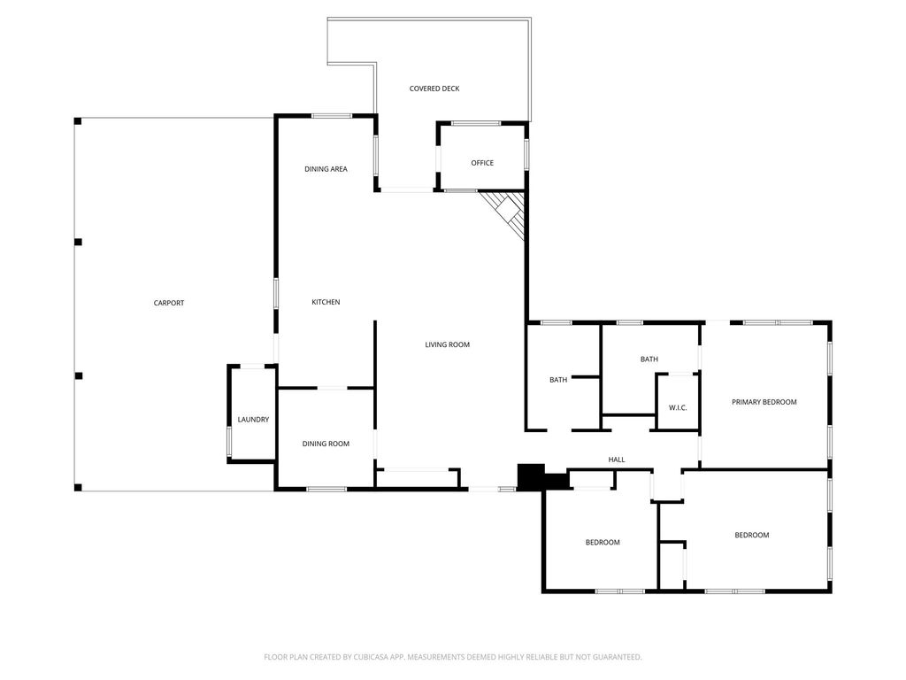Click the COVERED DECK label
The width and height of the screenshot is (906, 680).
click(x=434, y=89)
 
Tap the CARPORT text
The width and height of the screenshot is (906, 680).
click(x=169, y=303)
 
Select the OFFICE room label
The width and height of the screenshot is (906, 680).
click(x=482, y=163)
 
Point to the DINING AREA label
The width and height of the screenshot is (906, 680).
click(x=326, y=169)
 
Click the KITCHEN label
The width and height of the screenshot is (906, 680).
click(x=326, y=302)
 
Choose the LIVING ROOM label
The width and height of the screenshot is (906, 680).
click(x=447, y=344)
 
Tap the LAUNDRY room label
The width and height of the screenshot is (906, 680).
click(x=253, y=419)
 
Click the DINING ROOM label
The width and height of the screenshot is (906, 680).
click(x=326, y=444)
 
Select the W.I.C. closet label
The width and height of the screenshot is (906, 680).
click(x=678, y=407)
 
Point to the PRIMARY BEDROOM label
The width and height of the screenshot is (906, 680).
click(x=764, y=402)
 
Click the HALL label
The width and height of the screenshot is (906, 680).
click(x=617, y=460)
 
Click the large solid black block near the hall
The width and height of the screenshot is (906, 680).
click(x=531, y=477)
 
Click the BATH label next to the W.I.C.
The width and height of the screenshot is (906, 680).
click(x=649, y=359)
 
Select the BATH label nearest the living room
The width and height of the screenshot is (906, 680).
click(x=558, y=380)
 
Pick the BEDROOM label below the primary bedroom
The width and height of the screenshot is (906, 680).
click(x=752, y=535)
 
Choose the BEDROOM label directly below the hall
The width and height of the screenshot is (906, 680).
click(x=603, y=543)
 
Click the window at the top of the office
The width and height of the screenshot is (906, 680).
click(x=476, y=123)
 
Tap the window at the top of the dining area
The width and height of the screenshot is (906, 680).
click(x=332, y=116)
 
